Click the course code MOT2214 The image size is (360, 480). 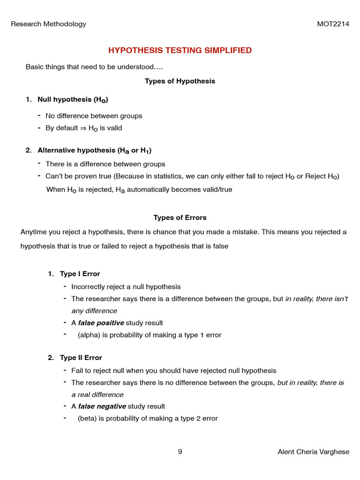coord(333,24)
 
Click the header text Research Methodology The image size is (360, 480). coord(48,24)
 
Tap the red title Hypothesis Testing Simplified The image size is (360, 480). coord(180,50)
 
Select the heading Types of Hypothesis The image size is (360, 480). coord(180,81)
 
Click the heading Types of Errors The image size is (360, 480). coord(180,217)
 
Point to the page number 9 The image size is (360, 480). coord(180,452)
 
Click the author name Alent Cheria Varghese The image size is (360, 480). coord(313,452)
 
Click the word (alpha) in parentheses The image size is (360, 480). coord(87,335)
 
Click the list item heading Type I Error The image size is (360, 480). coord(80,274)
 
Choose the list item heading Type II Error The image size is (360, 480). coord(81,358)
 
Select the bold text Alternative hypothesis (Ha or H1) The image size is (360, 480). coord(94,150)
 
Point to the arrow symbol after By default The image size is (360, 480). coord(83,128)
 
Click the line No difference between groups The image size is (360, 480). coord(94,116)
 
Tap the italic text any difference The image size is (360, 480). coord(94,311)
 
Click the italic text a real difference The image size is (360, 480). coord(97,395)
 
